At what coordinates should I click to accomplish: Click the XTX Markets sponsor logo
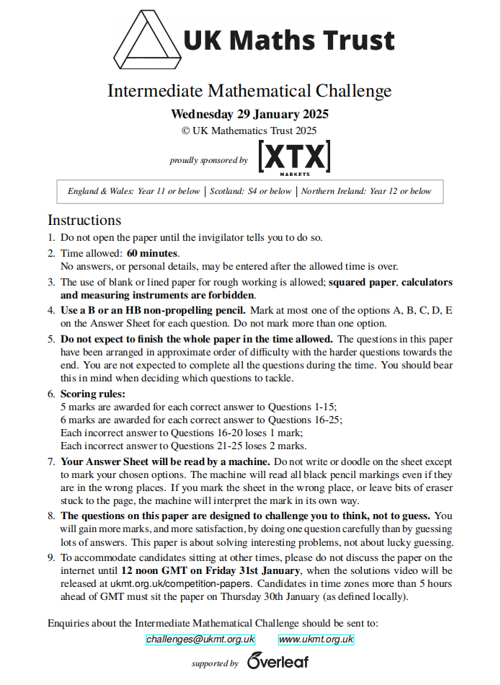294,158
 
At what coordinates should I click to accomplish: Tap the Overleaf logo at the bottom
278,660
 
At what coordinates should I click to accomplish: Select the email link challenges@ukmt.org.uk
200,640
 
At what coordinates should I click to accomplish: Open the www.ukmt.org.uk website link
316,640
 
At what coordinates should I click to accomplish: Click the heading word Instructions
84,220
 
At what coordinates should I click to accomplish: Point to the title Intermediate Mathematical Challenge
249,91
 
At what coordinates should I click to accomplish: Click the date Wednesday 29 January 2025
249,114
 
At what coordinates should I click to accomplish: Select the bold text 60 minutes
153,253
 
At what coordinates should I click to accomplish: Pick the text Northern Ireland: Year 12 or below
366,191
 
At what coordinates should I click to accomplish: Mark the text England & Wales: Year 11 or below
134,191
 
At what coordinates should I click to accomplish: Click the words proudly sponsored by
208,160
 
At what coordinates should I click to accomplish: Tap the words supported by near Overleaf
215,663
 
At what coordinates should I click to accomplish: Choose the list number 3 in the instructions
51,282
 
